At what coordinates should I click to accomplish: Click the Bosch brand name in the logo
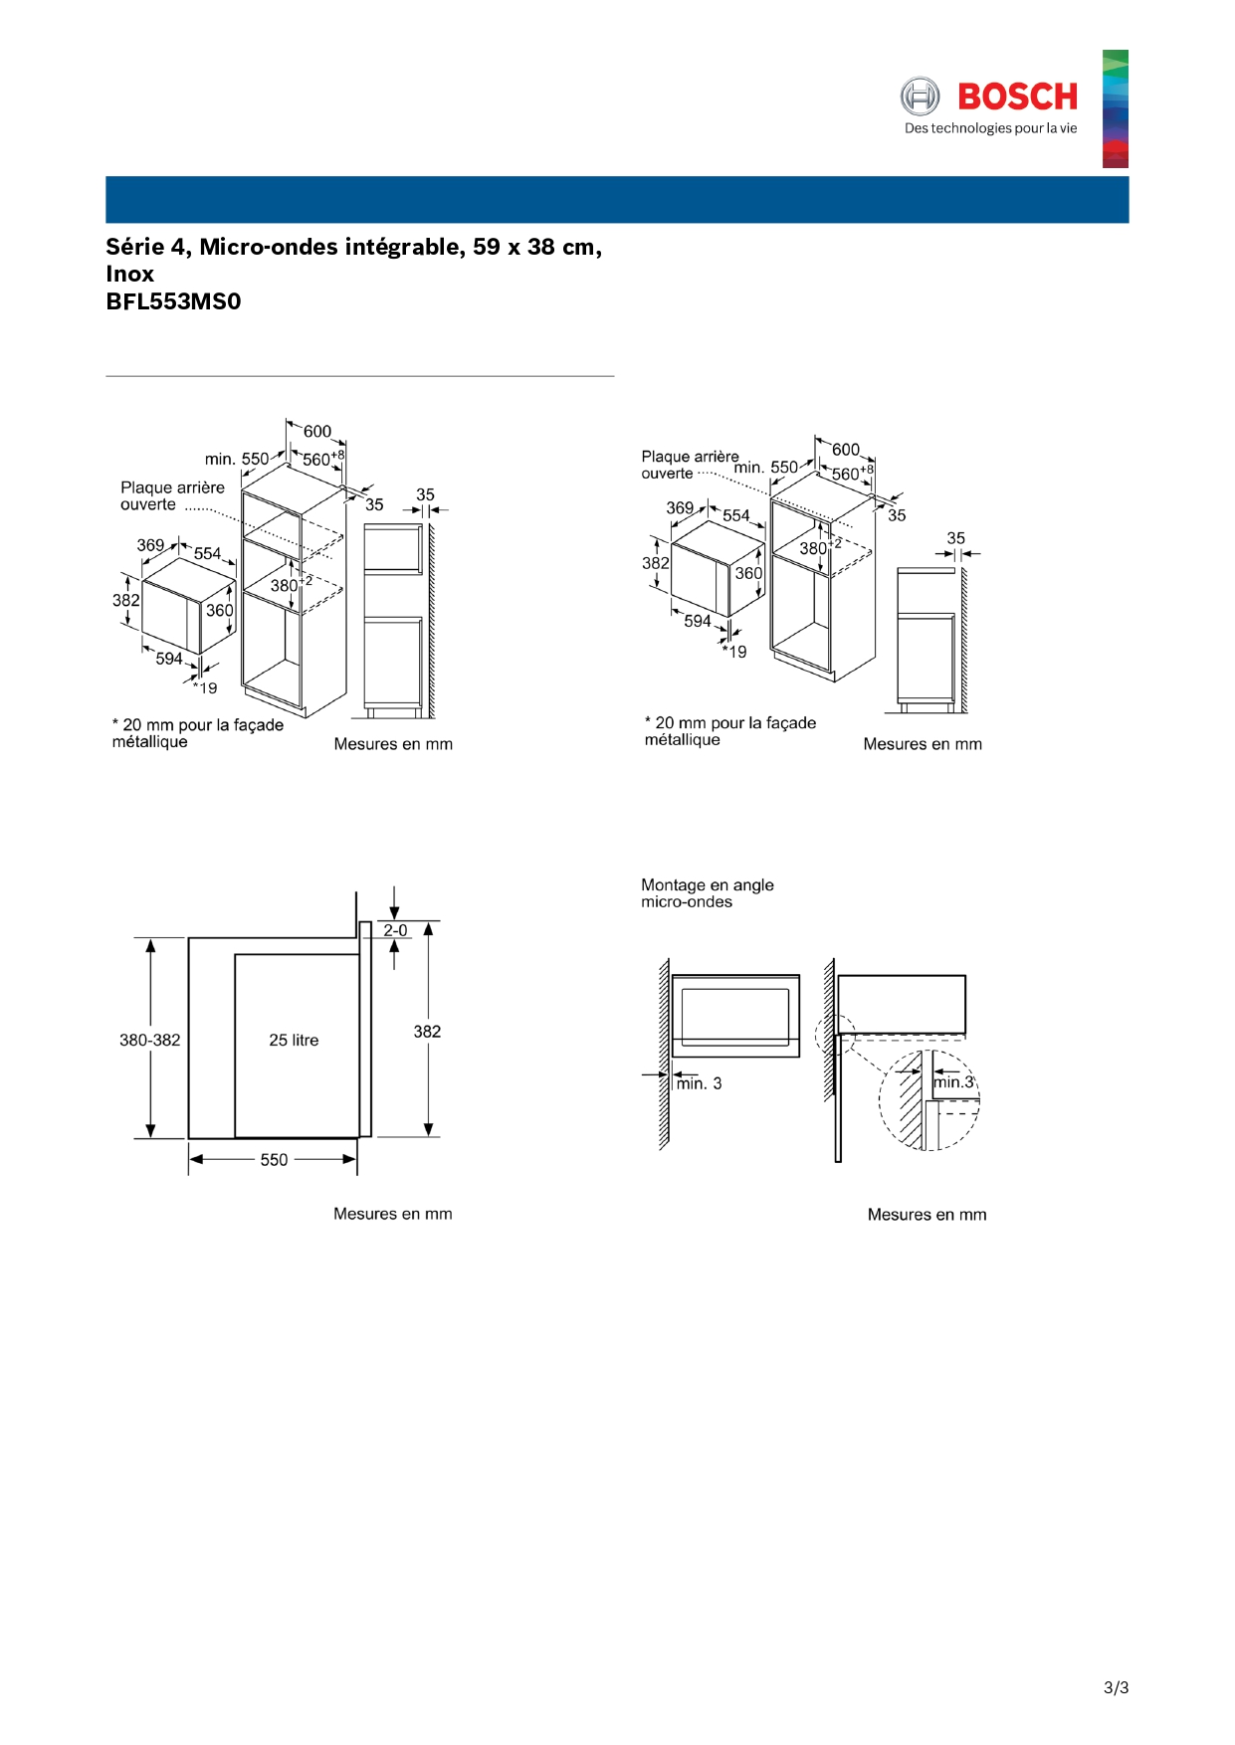pyautogui.click(x=1017, y=97)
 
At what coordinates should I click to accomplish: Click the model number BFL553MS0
pyautogui.click(x=173, y=301)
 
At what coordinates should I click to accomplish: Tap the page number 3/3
pyautogui.click(x=1116, y=1687)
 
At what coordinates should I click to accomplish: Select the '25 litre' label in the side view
pyautogui.click(x=294, y=1040)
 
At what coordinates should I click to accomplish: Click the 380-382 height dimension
pyautogui.click(x=150, y=1040)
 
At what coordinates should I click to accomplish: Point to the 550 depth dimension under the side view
pyautogui.click(x=274, y=1160)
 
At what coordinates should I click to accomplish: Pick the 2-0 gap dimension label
pyautogui.click(x=395, y=930)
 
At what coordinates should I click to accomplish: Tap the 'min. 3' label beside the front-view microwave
pyautogui.click(x=700, y=1083)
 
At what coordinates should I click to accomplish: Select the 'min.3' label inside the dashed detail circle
pyautogui.click(x=952, y=1081)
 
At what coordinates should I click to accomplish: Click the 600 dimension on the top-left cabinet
pyautogui.click(x=317, y=431)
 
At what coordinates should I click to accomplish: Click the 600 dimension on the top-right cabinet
pyautogui.click(x=845, y=450)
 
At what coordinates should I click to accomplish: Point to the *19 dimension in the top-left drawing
pyautogui.click(x=206, y=687)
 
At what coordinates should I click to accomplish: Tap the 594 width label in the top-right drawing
pyautogui.click(x=697, y=621)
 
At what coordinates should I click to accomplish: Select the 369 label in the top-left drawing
pyautogui.click(x=150, y=545)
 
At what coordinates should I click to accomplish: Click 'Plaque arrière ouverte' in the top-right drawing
pyautogui.click(x=689, y=465)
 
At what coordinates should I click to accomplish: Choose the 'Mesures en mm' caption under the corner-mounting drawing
pyautogui.click(x=926, y=1214)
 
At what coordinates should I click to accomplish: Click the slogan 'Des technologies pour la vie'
pyautogui.click(x=990, y=128)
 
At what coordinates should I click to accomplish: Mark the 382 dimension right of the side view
pyautogui.click(x=427, y=1032)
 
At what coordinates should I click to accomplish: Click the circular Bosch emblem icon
pyautogui.click(x=920, y=97)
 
